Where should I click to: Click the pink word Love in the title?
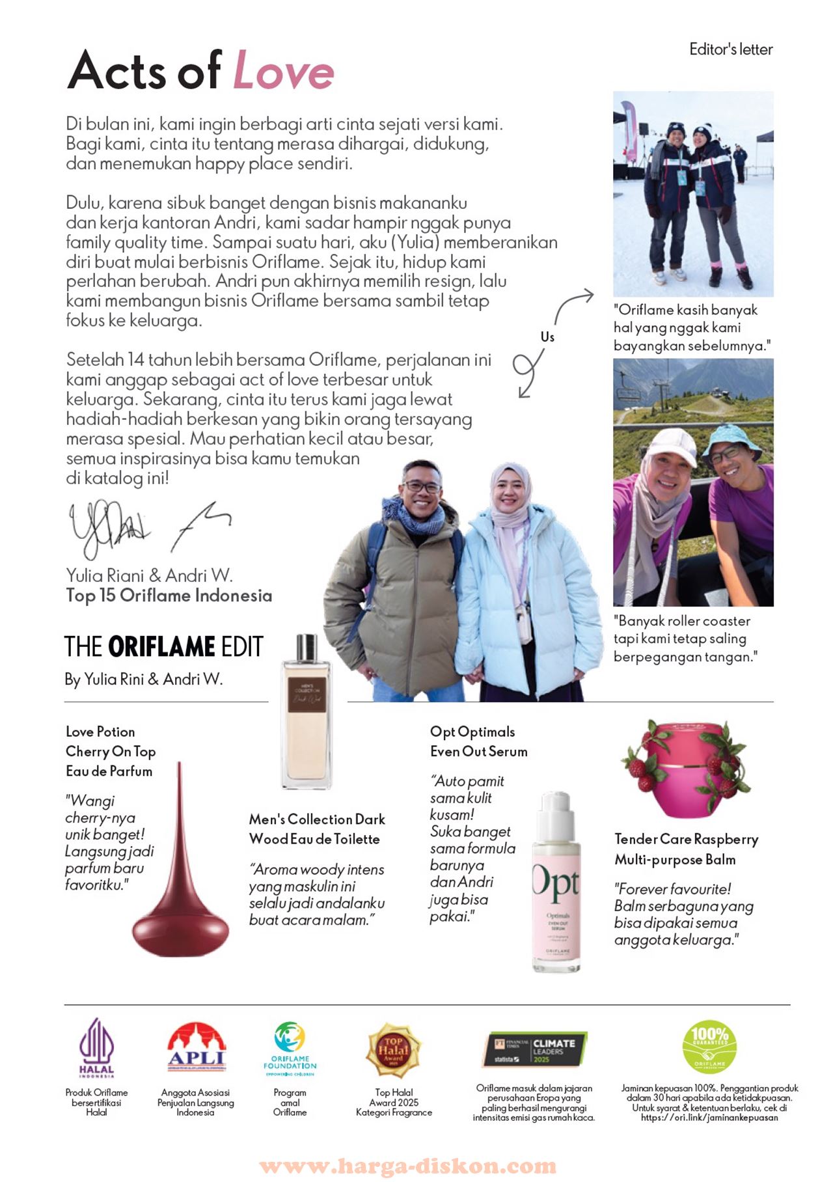click(x=283, y=71)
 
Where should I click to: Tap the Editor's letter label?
click(x=730, y=49)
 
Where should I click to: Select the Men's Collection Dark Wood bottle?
click(x=305, y=716)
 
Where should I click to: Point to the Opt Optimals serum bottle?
click(x=556, y=885)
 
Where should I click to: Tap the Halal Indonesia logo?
click(x=96, y=1048)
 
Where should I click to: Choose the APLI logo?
click(x=195, y=1047)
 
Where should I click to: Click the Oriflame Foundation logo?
click(x=290, y=1048)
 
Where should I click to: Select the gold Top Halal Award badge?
click(x=394, y=1049)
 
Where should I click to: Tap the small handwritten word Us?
click(x=547, y=337)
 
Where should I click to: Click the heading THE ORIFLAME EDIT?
click(x=163, y=647)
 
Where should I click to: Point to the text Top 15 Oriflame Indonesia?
click(x=169, y=596)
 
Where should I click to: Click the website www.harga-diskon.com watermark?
click(x=407, y=1166)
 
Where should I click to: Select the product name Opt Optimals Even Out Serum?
click(x=478, y=741)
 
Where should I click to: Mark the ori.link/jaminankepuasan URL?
click(x=709, y=1118)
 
